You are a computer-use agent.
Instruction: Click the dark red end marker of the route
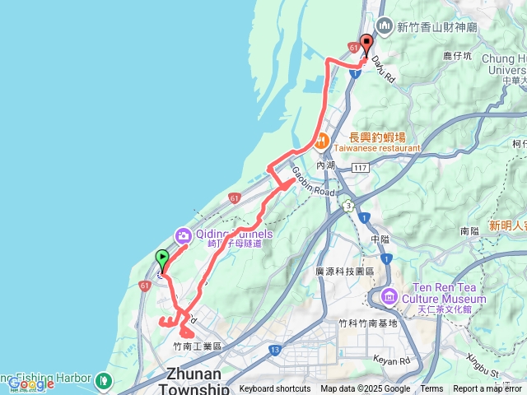pyautogui.click(x=366, y=44)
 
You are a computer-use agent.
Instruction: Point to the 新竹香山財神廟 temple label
pyautogui.click(x=436, y=27)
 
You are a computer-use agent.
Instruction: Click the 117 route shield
pyautogui.click(x=359, y=168)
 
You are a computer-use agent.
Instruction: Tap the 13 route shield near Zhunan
pyautogui.click(x=273, y=351)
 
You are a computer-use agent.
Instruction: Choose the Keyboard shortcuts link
pyautogui.click(x=276, y=389)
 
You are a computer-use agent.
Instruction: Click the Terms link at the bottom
pyautogui.click(x=431, y=389)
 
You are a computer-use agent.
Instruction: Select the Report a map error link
pyautogui.click(x=487, y=389)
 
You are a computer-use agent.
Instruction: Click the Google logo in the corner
pyautogui.click(x=30, y=383)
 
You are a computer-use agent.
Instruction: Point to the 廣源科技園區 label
pyautogui.click(x=345, y=271)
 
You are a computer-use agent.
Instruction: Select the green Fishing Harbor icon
pyautogui.click(x=104, y=380)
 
